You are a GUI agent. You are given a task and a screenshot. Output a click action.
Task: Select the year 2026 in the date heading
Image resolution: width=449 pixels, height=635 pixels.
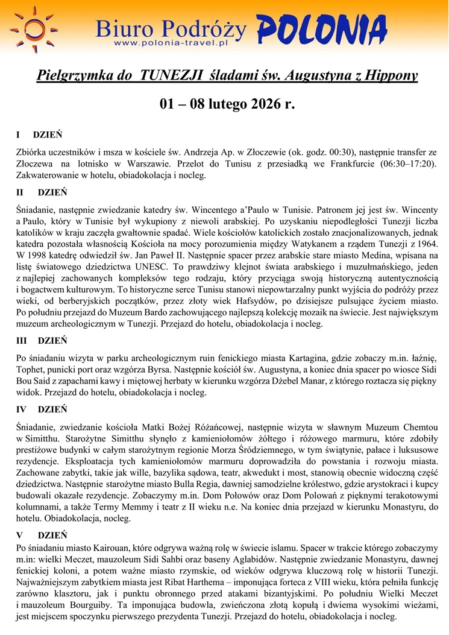pos(262,103)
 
